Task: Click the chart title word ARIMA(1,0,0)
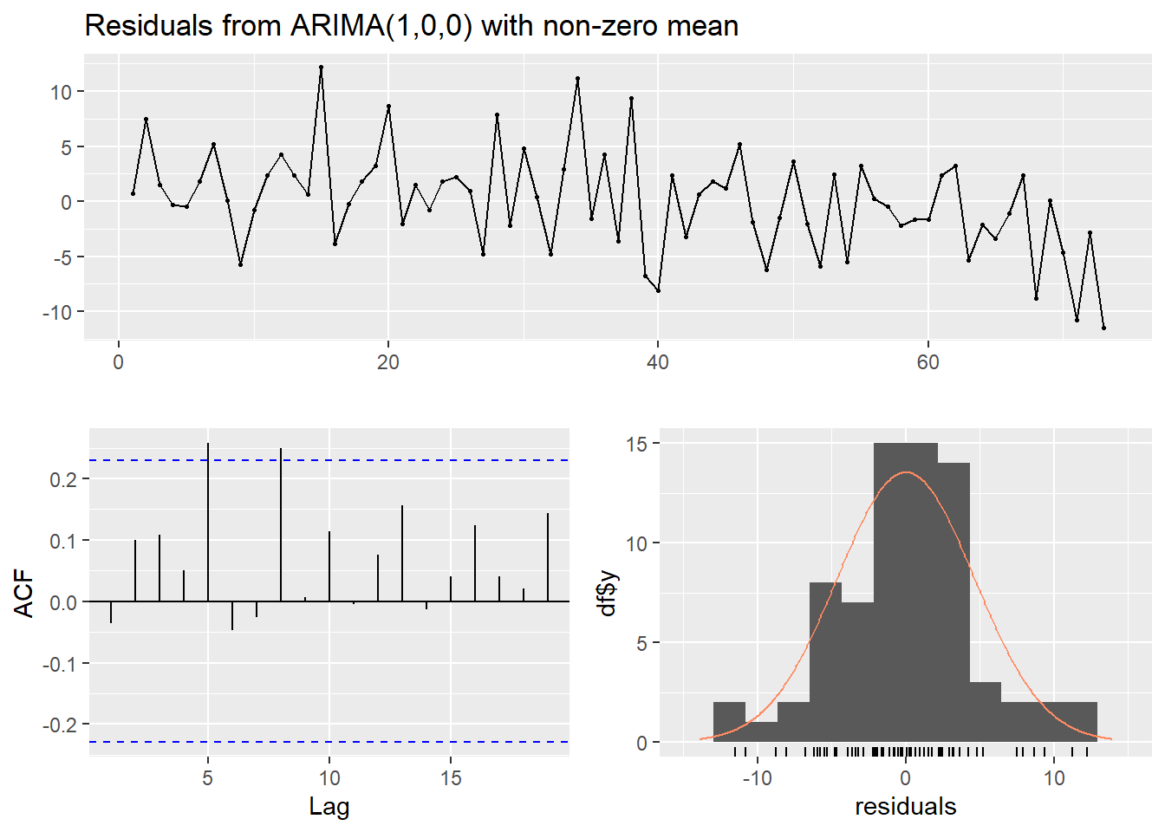coord(381,26)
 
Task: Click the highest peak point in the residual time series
coord(321,67)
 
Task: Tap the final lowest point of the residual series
coord(1103,328)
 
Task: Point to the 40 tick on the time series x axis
coord(658,362)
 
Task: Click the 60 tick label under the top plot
coord(927,362)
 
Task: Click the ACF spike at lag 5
coord(208,520)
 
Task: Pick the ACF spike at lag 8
coord(281,524)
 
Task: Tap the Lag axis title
coord(329,807)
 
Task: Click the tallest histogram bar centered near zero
coord(906,589)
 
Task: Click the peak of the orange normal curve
coord(906,472)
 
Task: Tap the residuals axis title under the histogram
coord(906,807)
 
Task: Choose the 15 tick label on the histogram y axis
coord(637,444)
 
